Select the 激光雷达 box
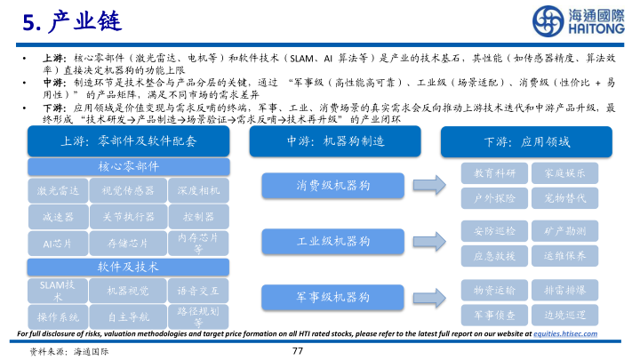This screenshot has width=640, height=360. [59, 190]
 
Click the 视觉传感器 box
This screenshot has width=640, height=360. [129, 190]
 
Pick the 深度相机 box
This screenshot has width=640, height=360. [198, 190]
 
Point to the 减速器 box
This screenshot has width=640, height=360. [59, 216]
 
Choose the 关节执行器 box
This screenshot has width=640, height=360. [129, 216]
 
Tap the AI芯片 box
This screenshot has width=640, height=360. [59, 242]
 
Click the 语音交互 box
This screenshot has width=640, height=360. [198, 290]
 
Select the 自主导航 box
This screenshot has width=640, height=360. [129, 316]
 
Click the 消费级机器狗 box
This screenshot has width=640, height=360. [333, 185]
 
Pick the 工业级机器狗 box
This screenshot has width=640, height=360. [333, 241]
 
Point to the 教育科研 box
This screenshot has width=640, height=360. [495, 172]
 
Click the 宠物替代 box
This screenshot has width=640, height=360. [564, 197]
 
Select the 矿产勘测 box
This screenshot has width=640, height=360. [564, 230]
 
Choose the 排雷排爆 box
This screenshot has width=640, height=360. [564, 290]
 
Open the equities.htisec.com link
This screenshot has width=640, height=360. [564, 333]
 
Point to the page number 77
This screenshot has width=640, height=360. [298, 350]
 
